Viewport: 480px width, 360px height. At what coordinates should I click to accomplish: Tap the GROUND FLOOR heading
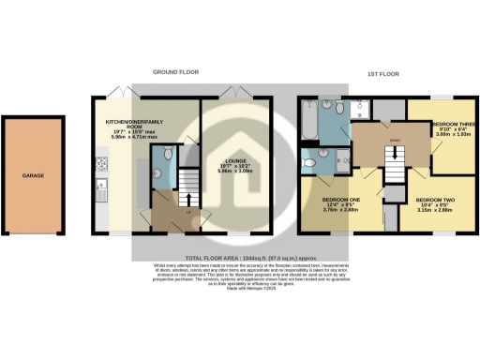[177, 72]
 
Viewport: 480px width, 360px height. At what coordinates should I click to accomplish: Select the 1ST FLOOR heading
[386, 72]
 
